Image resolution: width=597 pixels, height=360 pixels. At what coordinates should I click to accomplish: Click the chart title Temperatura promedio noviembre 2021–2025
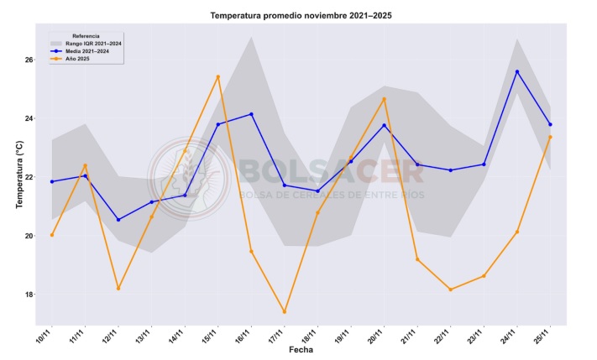(x=301, y=15)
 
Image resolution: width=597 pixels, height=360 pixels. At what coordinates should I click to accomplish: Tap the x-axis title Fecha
(x=301, y=349)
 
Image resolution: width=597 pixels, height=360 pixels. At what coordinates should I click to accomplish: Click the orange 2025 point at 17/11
(x=285, y=312)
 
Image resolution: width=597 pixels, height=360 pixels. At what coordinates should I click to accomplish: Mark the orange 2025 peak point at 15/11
(x=218, y=77)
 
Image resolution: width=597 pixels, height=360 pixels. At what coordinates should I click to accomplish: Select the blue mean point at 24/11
(x=517, y=72)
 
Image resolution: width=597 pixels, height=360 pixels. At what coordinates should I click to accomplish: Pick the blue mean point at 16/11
(x=251, y=114)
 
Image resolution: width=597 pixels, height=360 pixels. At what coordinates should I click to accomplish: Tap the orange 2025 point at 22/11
(x=451, y=290)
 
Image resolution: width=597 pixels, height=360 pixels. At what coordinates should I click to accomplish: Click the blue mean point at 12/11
(x=118, y=220)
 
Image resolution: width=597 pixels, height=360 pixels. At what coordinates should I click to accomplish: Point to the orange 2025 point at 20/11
(x=385, y=99)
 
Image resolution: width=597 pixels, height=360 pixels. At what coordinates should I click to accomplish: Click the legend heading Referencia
(x=86, y=36)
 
